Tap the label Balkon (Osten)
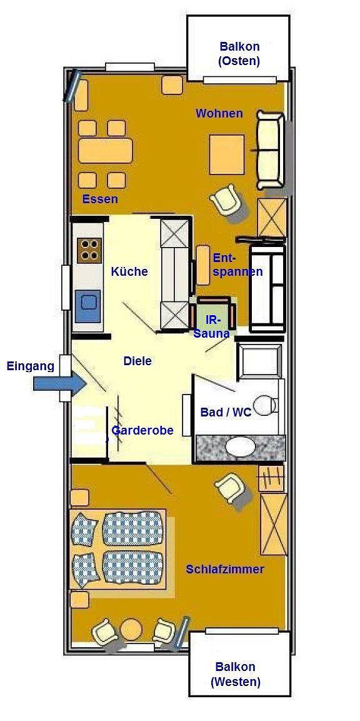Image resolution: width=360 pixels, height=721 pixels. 239,54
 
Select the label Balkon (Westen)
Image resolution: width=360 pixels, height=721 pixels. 236,674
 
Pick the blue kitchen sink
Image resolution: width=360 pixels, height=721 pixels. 87,306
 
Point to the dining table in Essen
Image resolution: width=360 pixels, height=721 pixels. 106,151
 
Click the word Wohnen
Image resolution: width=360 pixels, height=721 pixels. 219,113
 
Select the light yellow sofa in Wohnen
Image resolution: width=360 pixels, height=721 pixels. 271,151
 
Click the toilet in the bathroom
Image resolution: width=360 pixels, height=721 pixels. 265,405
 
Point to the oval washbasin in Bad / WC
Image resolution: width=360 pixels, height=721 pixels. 240,447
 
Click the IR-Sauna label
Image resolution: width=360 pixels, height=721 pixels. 211,326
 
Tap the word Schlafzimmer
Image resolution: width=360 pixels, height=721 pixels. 225,569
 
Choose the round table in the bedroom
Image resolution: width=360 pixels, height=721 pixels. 132,628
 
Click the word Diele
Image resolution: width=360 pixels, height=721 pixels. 137,361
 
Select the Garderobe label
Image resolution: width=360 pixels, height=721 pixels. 142,430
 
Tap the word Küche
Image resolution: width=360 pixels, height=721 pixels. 129,271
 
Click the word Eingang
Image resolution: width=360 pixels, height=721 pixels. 30,366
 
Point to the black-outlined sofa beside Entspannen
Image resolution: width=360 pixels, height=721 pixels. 267,288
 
